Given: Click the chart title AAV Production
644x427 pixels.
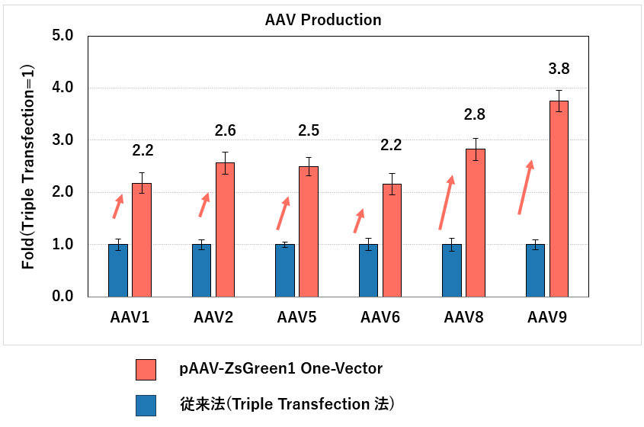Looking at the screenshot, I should coord(323,20).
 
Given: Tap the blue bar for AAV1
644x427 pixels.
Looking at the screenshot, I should coord(118,270).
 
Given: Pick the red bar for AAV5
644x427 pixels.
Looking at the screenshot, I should coord(308,231).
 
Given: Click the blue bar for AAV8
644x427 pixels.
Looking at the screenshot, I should coord(452,270).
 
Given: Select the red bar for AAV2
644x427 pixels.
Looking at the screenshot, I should coord(225,229).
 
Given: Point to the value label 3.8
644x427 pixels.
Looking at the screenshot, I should coord(559,69).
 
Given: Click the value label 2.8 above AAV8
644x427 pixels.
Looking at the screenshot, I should coord(475,115).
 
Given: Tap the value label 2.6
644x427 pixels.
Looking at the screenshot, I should coord(225,130).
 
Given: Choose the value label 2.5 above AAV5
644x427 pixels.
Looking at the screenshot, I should coord(308,130).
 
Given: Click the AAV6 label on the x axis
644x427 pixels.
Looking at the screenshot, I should coord(380,316).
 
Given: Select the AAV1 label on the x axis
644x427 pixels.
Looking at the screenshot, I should coord(130,316).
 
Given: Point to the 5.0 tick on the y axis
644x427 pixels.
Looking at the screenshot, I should coord(62,36).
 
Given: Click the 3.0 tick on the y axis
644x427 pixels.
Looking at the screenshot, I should coord(62,140).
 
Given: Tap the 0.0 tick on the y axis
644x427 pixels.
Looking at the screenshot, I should coord(62,297).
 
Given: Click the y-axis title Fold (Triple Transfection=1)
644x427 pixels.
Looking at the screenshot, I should coord(28,165).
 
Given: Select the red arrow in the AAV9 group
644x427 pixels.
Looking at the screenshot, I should coord(525,187).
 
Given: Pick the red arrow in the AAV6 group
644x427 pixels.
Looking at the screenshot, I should coord(359,220).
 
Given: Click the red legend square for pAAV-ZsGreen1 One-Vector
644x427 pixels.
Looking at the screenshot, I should coord(145,369).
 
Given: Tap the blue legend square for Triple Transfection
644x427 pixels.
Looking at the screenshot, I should coord(145,405).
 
